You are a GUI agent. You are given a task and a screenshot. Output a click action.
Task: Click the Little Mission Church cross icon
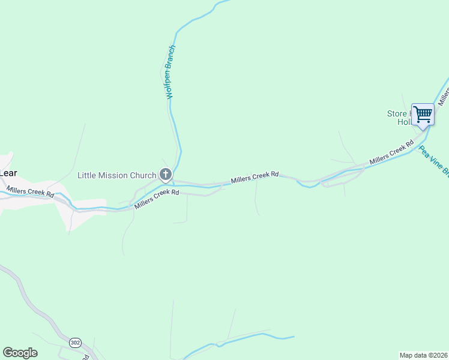(166, 175)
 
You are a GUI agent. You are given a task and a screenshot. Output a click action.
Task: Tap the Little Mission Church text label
(111, 175)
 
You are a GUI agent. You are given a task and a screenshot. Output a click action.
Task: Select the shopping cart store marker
(423, 113)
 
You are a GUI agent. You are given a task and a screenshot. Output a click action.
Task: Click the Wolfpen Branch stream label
(170, 72)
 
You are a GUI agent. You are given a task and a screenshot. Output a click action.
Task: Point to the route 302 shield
(74, 342)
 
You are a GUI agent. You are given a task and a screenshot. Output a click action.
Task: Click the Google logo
(20, 353)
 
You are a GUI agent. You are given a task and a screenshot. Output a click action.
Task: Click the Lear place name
(8, 173)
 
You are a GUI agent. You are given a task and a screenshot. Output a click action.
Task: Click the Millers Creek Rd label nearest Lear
(30, 192)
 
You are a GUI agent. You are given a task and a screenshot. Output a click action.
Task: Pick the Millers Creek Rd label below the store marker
(392, 152)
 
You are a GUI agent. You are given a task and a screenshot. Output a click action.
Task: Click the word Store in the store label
(397, 113)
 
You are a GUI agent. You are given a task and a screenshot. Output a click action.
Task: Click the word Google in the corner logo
(20, 353)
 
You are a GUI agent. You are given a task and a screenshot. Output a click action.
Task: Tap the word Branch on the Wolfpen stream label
(172, 58)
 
